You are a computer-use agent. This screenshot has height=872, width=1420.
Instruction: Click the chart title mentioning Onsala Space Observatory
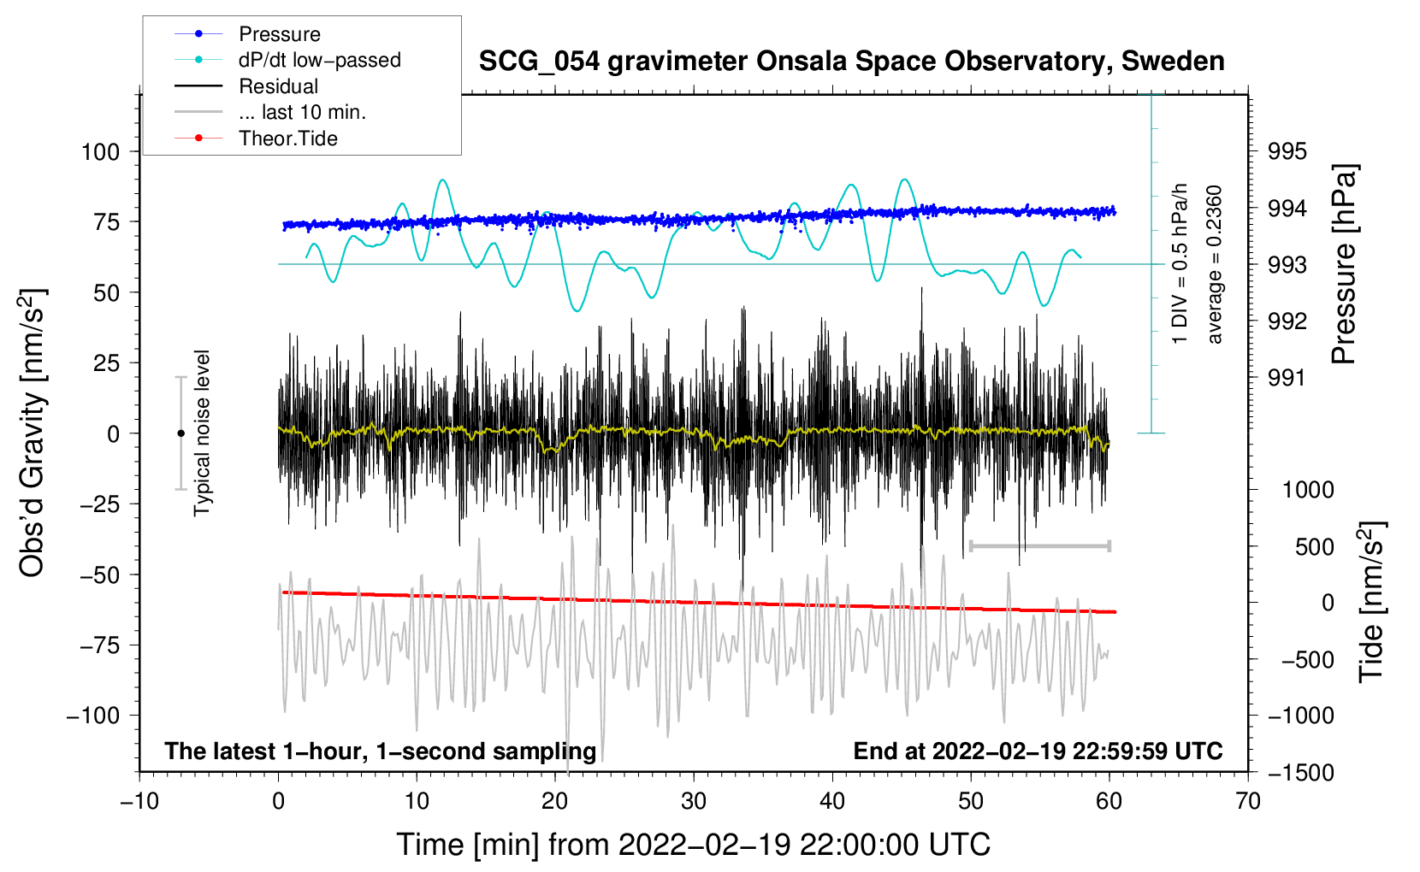click(x=851, y=62)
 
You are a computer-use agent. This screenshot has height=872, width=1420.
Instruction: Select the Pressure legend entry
click(x=279, y=34)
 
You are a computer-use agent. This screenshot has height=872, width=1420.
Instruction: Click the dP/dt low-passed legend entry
click(x=319, y=60)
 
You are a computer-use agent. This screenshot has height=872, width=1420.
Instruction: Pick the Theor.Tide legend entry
click(x=287, y=138)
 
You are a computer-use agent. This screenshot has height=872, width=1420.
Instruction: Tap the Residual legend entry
click(x=278, y=86)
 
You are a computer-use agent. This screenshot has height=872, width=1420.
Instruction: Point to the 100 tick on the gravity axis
click(x=100, y=152)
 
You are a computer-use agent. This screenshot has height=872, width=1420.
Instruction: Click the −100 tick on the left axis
click(x=93, y=716)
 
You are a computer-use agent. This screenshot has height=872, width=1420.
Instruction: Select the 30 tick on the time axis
click(x=694, y=801)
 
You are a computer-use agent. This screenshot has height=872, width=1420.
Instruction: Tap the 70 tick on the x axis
click(x=1248, y=801)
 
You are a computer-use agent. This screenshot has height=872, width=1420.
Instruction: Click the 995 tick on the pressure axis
click(x=1287, y=152)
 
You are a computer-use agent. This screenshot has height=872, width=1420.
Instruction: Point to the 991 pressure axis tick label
click(x=1287, y=378)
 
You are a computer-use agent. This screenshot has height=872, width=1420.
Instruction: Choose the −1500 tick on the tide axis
click(x=1301, y=773)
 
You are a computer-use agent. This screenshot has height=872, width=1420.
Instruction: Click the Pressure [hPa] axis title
click(x=1344, y=264)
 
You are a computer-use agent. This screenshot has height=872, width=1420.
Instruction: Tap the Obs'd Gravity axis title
click(x=32, y=433)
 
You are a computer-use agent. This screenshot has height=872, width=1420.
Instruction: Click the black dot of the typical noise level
click(x=180, y=433)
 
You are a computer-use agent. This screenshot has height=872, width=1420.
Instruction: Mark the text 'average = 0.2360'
click(x=1215, y=264)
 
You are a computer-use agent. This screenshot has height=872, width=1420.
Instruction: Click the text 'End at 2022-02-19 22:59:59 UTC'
click(x=1038, y=751)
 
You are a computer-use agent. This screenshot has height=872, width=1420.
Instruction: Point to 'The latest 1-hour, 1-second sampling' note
click(x=381, y=751)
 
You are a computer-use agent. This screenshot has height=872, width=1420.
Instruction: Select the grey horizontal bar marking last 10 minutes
click(x=1039, y=545)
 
